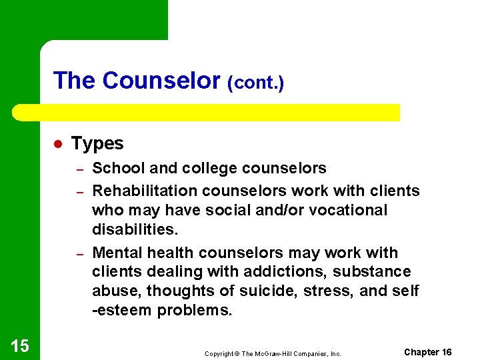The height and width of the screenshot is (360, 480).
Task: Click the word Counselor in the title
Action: tap(161, 81)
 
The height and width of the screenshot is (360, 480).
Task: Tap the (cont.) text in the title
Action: tap(256, 83)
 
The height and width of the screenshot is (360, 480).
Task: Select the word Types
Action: tap(97, 143)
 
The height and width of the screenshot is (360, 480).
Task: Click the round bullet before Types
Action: tap(58, 144)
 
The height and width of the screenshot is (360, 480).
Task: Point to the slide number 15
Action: tap(20, 345)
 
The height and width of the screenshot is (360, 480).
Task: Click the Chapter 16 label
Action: tap(427, 352)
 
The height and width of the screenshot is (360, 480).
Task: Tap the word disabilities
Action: tap(135, 229)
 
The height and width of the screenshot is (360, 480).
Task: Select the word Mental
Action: tap(117, 253)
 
